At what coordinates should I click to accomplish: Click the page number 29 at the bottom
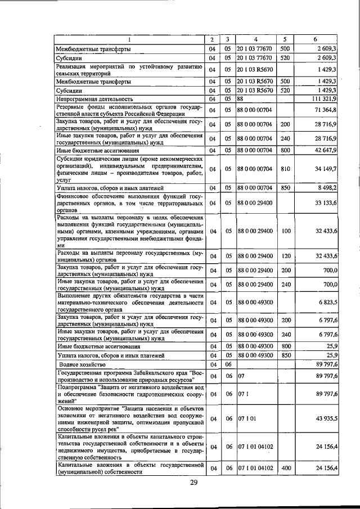(x=193, y=483)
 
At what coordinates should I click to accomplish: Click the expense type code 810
(x=285, y=168)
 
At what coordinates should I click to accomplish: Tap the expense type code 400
(x=285, y=468)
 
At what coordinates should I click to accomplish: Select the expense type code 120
(x=285, y=256)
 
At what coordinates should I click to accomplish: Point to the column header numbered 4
(x=255, y=39)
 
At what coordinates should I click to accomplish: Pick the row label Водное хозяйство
(x=82, y=364)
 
